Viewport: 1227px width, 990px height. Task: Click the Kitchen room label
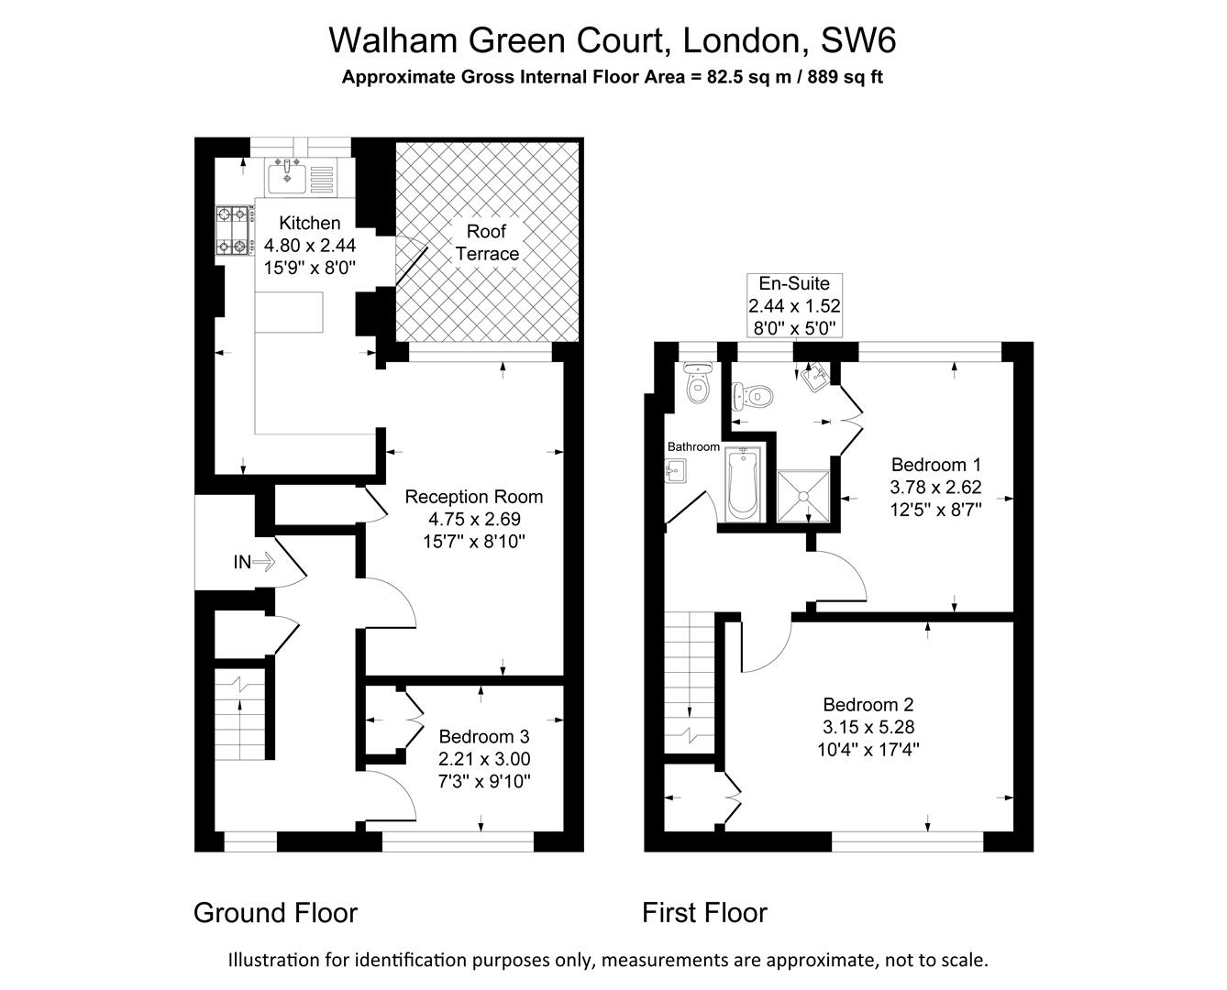(309, 223)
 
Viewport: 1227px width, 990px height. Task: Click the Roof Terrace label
(487, 243)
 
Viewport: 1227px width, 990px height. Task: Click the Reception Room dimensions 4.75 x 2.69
(474, 519)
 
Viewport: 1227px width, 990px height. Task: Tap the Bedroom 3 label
(484, 736)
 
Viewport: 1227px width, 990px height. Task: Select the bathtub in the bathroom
(741, 483)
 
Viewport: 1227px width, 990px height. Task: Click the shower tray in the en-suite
(803, 496)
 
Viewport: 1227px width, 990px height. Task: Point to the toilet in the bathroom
(698, 383)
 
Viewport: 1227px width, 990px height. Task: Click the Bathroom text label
(693, 446)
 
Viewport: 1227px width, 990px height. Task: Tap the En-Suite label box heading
(794, 283)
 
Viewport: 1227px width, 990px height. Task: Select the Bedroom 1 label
(935, 464)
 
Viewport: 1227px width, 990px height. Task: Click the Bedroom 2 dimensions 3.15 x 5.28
(868, 727)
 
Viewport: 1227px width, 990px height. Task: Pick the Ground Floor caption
(275, 913)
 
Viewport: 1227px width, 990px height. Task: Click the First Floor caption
(704, 913)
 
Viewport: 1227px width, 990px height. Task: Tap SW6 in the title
(857, 40)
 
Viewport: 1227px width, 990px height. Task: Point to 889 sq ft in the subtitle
(846, 77)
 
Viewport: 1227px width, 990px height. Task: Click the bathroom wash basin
(675, 471)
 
